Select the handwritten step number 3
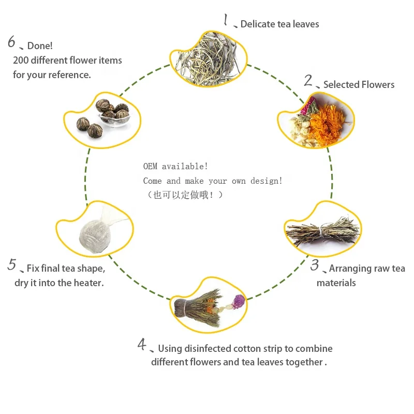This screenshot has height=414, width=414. click(314, 265)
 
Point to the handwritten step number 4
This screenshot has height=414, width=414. click(142, 344)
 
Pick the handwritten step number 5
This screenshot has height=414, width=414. click(12, 265)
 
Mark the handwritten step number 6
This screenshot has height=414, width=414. click(12, 42)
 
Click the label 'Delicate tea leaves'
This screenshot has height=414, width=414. click(279, 24)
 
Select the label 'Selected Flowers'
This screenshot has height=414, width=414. click(359, 85)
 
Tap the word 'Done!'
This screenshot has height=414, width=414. click(40, 46)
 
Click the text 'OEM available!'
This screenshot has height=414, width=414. click(175, 167)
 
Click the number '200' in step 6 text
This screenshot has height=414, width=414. click(21, 61)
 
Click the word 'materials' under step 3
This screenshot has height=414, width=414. click(336, 283)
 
